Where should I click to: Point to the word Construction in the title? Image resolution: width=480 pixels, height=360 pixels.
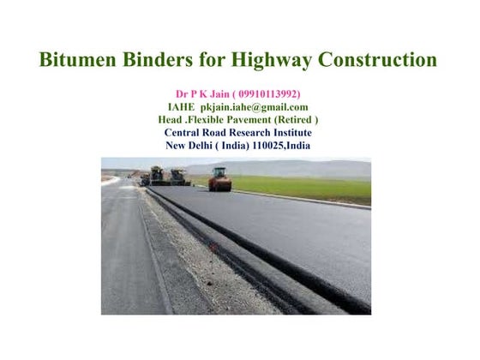pyautogui.click(x=377, y=61)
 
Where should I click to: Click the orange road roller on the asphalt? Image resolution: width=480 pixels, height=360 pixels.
pyautogui.click(x=220, y=179)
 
